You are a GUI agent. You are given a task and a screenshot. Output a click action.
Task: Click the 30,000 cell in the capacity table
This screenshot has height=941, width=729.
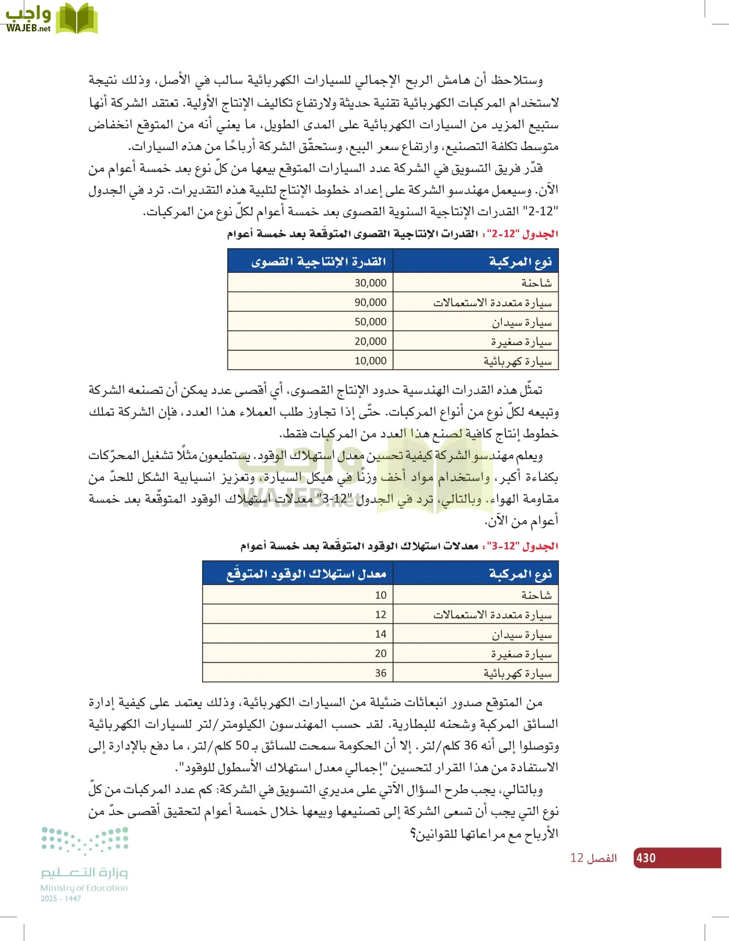coord(370,283)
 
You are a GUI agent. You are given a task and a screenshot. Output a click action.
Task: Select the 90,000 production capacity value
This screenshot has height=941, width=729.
coord(370,302)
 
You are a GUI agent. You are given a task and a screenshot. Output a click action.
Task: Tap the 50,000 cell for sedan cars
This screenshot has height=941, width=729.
coord(370,322)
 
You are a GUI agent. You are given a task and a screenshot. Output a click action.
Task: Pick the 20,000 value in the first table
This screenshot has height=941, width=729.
coord(370,341)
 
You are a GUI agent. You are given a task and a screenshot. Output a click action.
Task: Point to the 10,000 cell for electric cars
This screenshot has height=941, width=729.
coord(370,361)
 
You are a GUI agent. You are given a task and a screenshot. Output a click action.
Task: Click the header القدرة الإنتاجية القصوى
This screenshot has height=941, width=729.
coord(319,261)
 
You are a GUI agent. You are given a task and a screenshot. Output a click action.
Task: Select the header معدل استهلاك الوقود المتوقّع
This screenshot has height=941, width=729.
coord(306,574)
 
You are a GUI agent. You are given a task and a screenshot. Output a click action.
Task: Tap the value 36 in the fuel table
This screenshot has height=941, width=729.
coord(381,673)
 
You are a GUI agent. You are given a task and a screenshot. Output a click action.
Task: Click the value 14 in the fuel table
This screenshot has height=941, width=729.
coord(381,634)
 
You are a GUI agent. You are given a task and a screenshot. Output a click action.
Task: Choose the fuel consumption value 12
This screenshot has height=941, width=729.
coord(381,615)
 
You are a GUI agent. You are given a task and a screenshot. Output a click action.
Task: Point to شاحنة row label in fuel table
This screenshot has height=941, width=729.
coord(536,595)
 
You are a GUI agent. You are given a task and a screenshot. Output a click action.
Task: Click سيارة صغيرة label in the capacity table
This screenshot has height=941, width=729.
coord(521,342)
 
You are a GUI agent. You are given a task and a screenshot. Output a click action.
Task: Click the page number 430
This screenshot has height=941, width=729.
coord(646,858)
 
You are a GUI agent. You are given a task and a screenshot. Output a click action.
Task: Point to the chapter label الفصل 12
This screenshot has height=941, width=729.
coord(593,858)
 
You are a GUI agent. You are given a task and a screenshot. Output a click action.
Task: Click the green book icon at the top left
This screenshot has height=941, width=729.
coord(77,19)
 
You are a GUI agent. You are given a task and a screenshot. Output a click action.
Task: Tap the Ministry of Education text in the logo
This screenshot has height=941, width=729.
coord(84,888)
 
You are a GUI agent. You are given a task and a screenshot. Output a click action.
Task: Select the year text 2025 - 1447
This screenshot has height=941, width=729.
coord(61,899)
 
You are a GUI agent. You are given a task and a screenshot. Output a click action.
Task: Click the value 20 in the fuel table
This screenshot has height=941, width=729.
coord(381,653)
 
